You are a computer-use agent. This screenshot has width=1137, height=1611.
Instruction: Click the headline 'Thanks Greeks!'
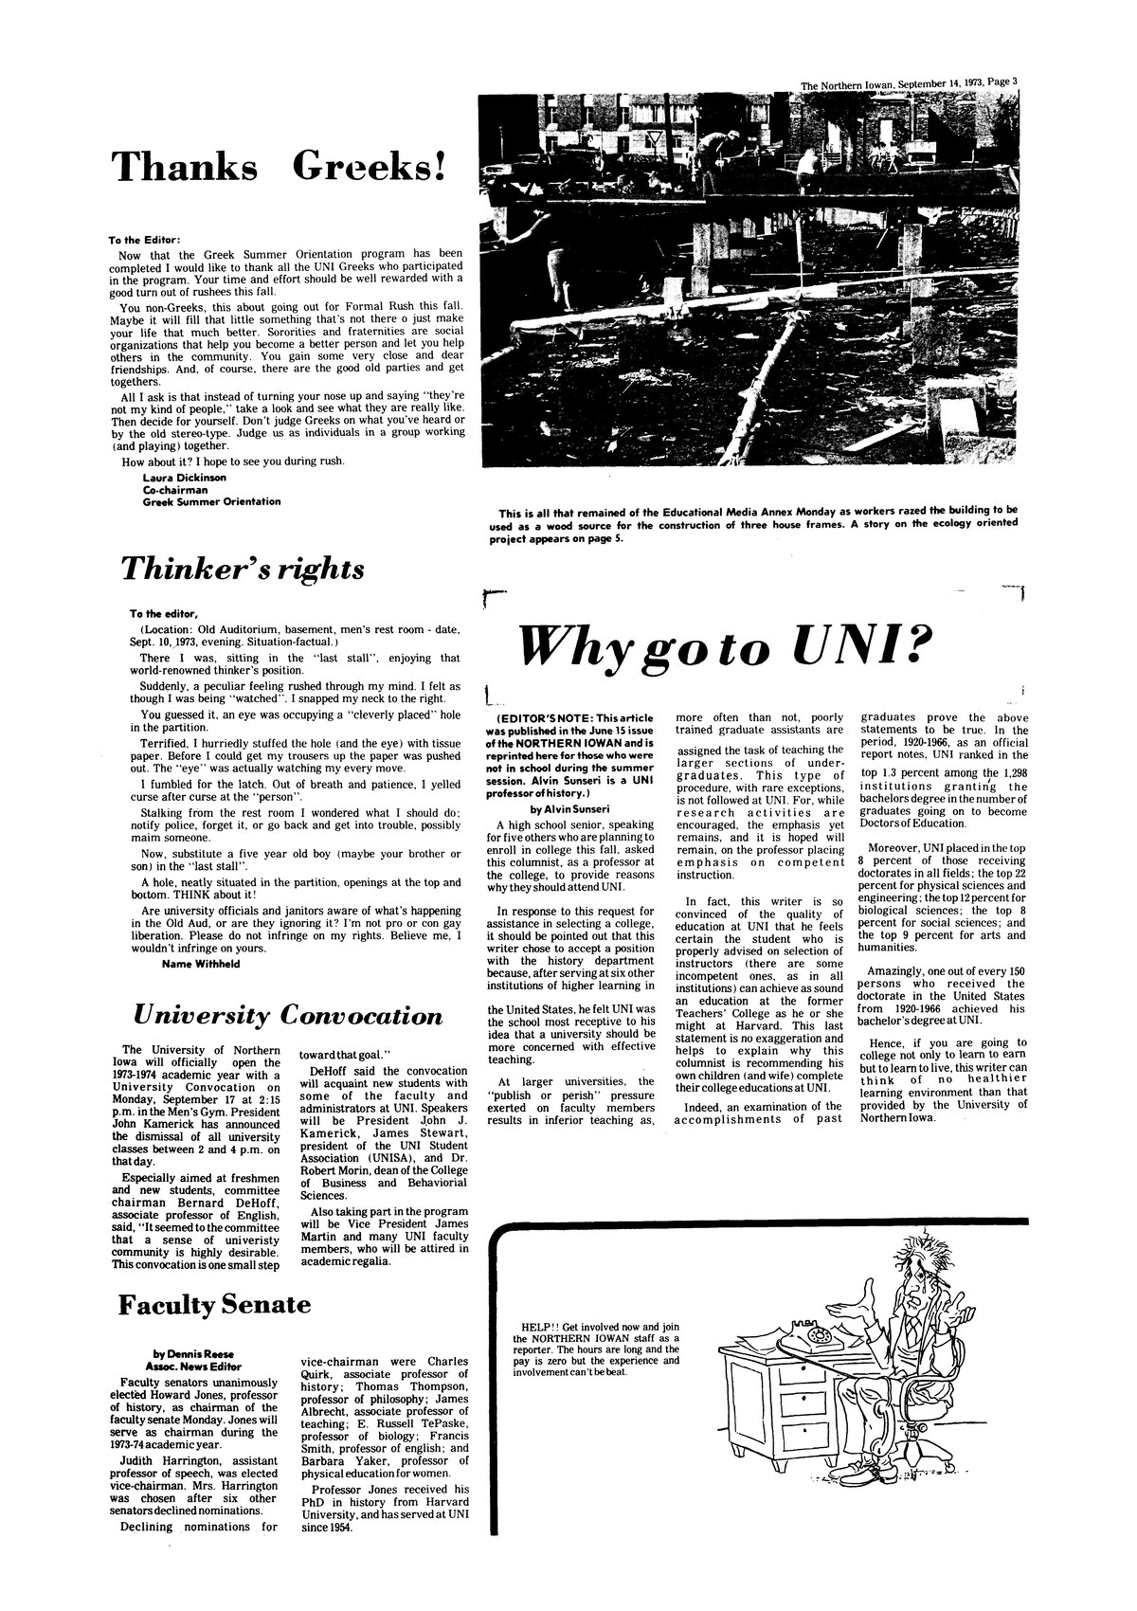click(279, 167)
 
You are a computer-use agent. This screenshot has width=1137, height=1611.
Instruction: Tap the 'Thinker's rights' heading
click(242, 568)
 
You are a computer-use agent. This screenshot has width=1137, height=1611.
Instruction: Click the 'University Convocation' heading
click(288, 1016)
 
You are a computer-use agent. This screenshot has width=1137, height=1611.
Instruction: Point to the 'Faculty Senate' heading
click(214, 1304)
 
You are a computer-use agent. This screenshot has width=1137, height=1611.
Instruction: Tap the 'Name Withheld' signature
click(202, 964)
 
